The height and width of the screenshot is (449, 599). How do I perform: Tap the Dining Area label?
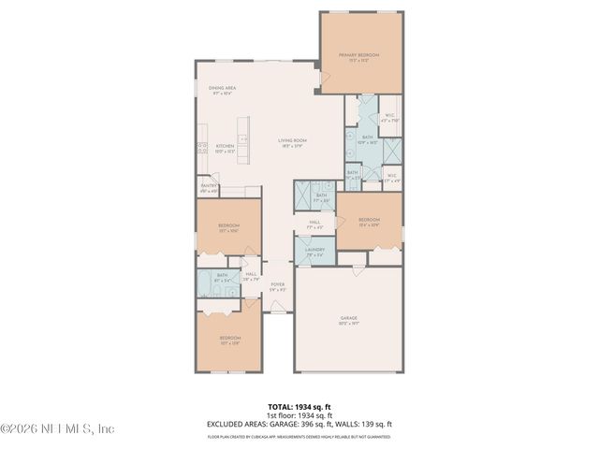click(x=222, y=90)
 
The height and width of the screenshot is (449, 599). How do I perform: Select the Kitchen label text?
click(x=226, y=148)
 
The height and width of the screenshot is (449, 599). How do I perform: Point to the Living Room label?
click(x=293, y=142)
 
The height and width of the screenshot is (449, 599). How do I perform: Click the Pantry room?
click(x=209, y=187)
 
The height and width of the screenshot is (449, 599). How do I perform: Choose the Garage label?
click(x=348, y=320)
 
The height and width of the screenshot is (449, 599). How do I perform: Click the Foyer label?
click(x=277, y=285)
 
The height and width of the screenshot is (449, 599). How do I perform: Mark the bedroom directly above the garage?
click(x=369, y=222)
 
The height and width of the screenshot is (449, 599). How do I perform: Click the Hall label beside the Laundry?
click(x=314, y=224)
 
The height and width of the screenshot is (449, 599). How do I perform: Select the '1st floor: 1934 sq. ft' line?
click(x=299, y=415)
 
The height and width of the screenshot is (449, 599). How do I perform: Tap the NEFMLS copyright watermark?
click(x=57, y=429)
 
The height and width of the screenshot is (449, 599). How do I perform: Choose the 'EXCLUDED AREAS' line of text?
click(x=299, y=424)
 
